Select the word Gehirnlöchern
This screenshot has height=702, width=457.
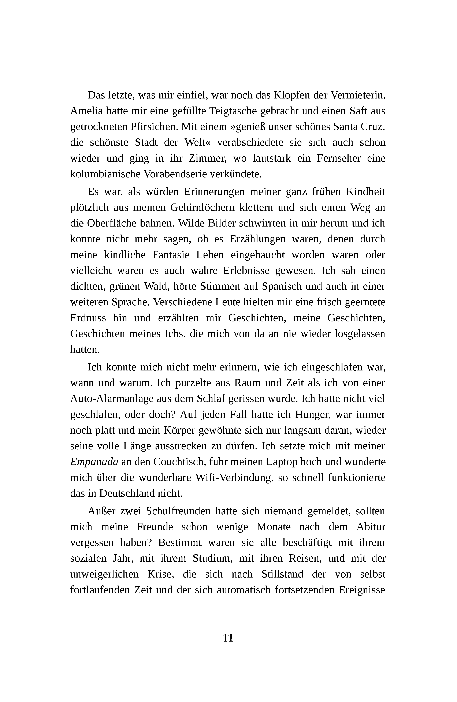[202, 208]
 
